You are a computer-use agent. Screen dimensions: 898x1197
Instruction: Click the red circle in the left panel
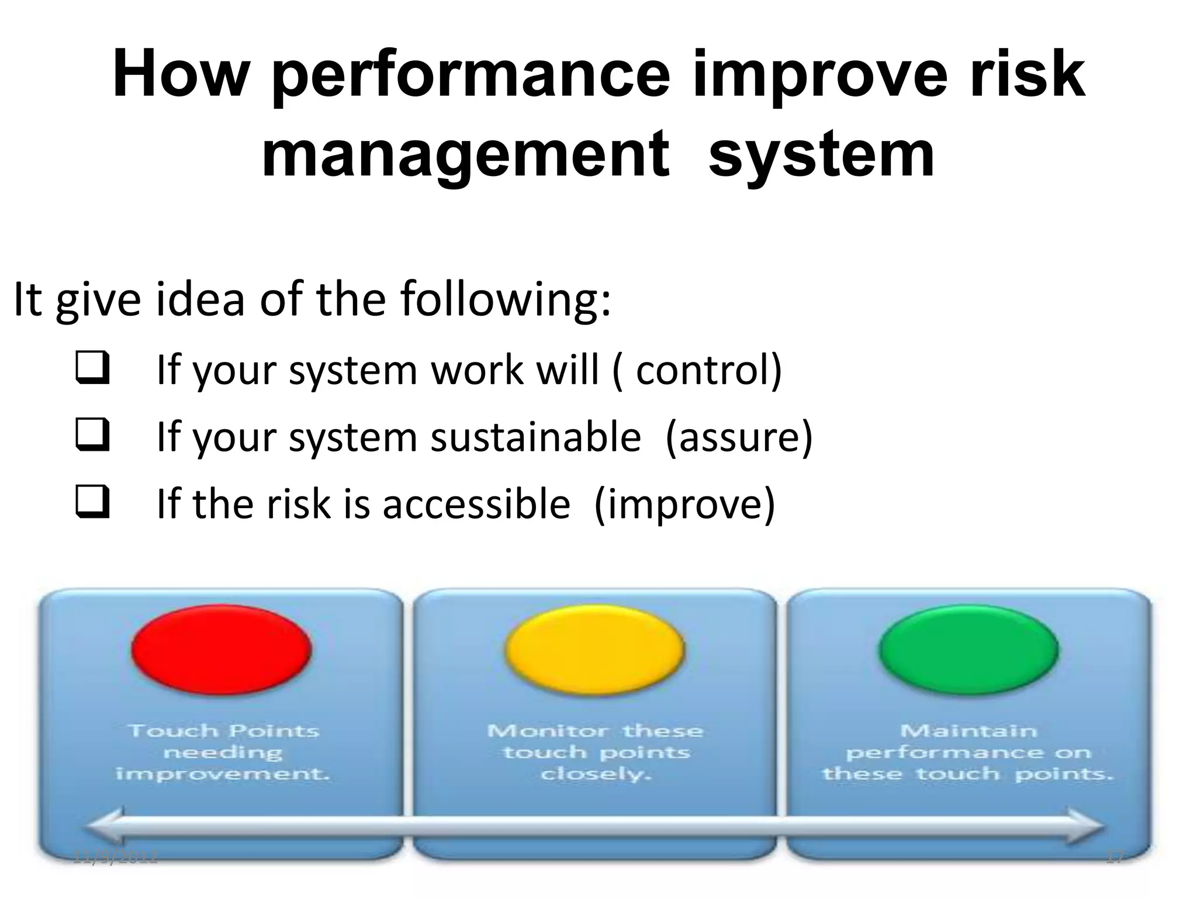222,650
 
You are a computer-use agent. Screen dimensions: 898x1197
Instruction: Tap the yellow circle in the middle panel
595,650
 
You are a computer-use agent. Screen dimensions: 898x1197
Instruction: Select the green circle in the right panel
968,650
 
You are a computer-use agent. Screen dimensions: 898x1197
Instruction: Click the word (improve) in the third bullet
684,504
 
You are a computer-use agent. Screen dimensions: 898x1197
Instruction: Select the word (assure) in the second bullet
739,437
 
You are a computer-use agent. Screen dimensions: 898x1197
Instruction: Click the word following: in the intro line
506,299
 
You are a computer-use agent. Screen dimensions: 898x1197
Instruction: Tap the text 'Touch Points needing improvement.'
223,752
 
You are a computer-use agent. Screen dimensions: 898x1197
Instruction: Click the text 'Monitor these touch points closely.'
596,752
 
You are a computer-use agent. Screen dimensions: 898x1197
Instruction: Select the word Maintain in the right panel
968,731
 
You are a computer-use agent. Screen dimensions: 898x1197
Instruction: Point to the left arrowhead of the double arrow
105,826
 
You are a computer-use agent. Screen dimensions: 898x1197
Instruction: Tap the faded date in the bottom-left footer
116,858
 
